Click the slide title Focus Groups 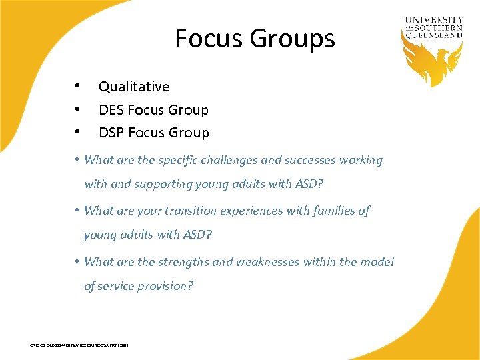tap(255, 39)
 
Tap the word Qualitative tap(134, 87)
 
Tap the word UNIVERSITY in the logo tap(433, 21)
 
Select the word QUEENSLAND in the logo tap(433, 35)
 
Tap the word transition tap(190, 211)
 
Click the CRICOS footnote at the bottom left tap(79, 345)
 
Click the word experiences tap(251, 211)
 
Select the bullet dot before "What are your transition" tap(78, 210)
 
